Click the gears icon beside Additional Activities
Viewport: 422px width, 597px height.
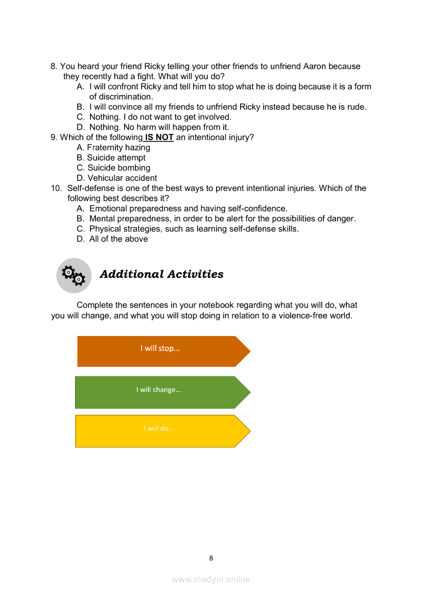pos(74,275)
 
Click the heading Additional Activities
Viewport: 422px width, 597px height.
pos(161,274)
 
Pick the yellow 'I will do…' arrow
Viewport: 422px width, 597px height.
pos(159,431)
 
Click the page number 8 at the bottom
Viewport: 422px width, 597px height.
pos(211,558)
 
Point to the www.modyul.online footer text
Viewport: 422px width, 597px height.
pos(211,579)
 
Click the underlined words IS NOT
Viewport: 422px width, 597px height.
pos(159,137)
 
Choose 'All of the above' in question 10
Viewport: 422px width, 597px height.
pos(119,239)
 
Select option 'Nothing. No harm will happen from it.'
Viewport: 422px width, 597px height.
pos(159,127)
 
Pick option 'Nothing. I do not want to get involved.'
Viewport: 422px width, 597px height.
pos(160,117)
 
